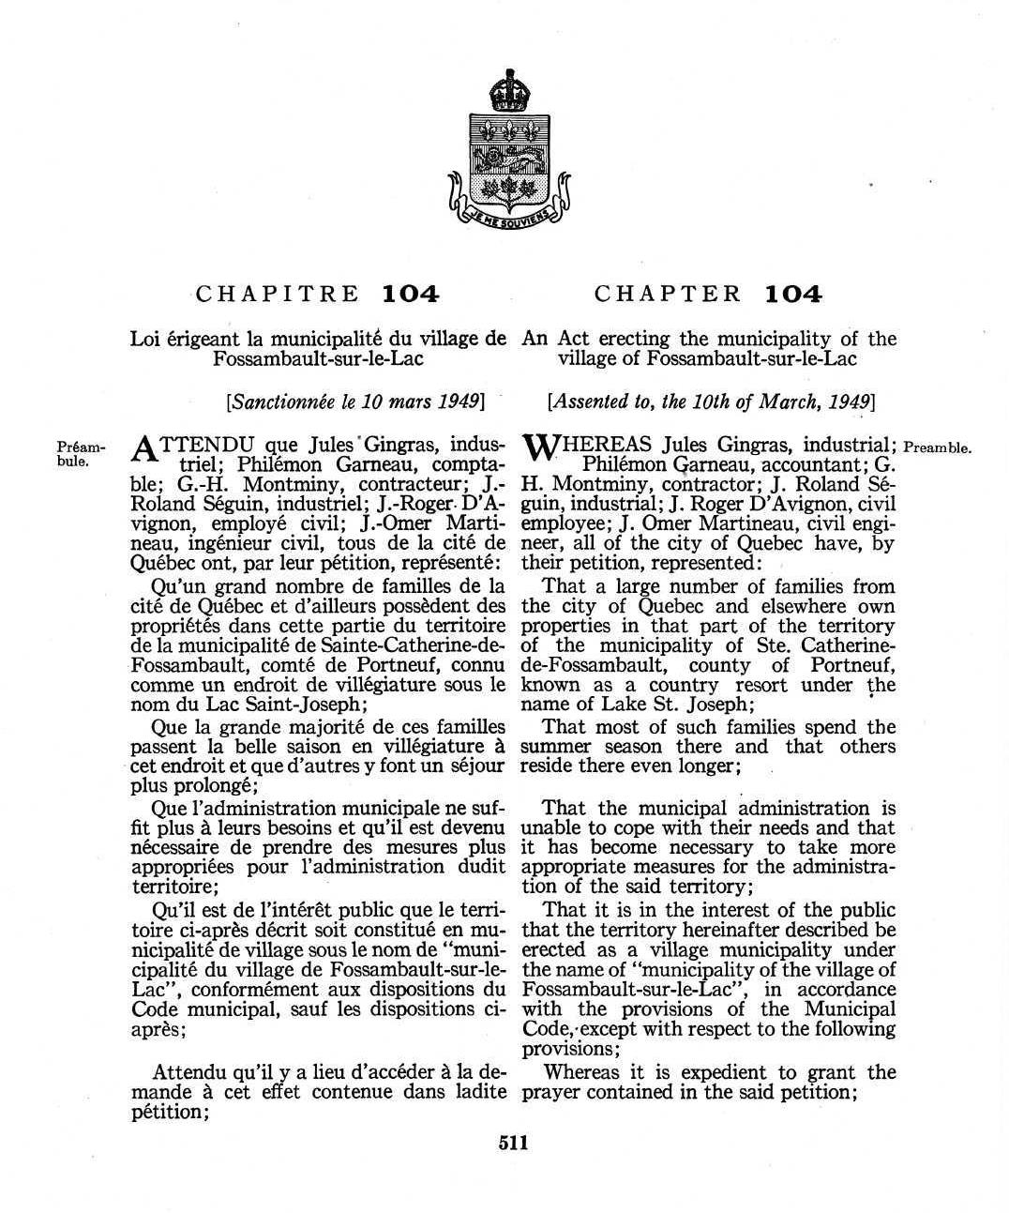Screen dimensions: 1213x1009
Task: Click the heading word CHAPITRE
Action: click(279, 294)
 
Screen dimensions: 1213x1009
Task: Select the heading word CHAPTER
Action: click(668, 294)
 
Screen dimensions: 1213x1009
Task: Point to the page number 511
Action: click(513, 1143)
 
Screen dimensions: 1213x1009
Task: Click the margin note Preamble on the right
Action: click(937, 447)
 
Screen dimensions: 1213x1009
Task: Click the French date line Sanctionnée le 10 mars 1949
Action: click(355, 402)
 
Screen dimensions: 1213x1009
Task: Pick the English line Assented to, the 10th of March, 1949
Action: click(710, 402)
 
